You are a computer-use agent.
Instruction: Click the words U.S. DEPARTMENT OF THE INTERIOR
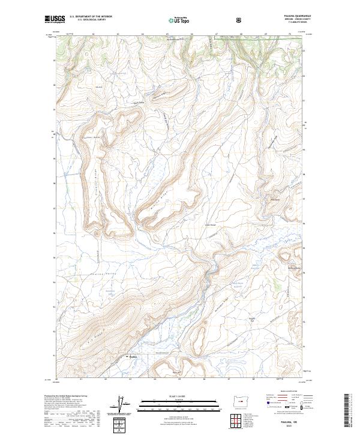[90, 17]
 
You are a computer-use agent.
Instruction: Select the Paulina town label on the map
[134, 358]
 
